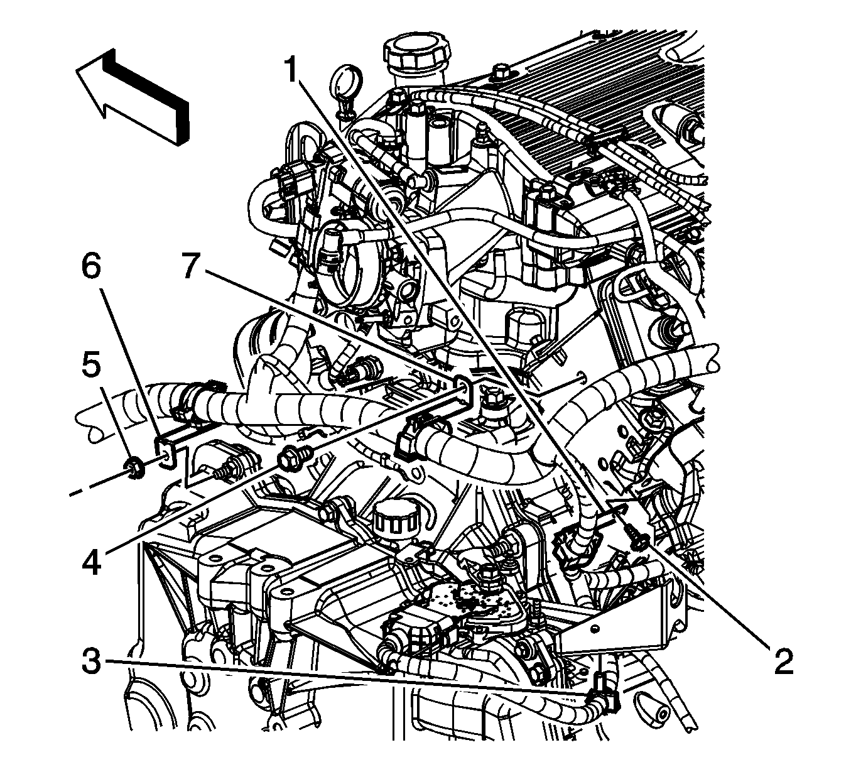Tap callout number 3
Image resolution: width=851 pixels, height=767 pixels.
click(x=92, y=660)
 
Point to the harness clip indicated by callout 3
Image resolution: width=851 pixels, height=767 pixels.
click(x=604, y=695)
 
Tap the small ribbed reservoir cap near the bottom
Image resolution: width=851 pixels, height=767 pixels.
click(x=389, y=521)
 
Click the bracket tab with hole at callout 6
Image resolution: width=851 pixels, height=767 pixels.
click(x=166, y=454)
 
